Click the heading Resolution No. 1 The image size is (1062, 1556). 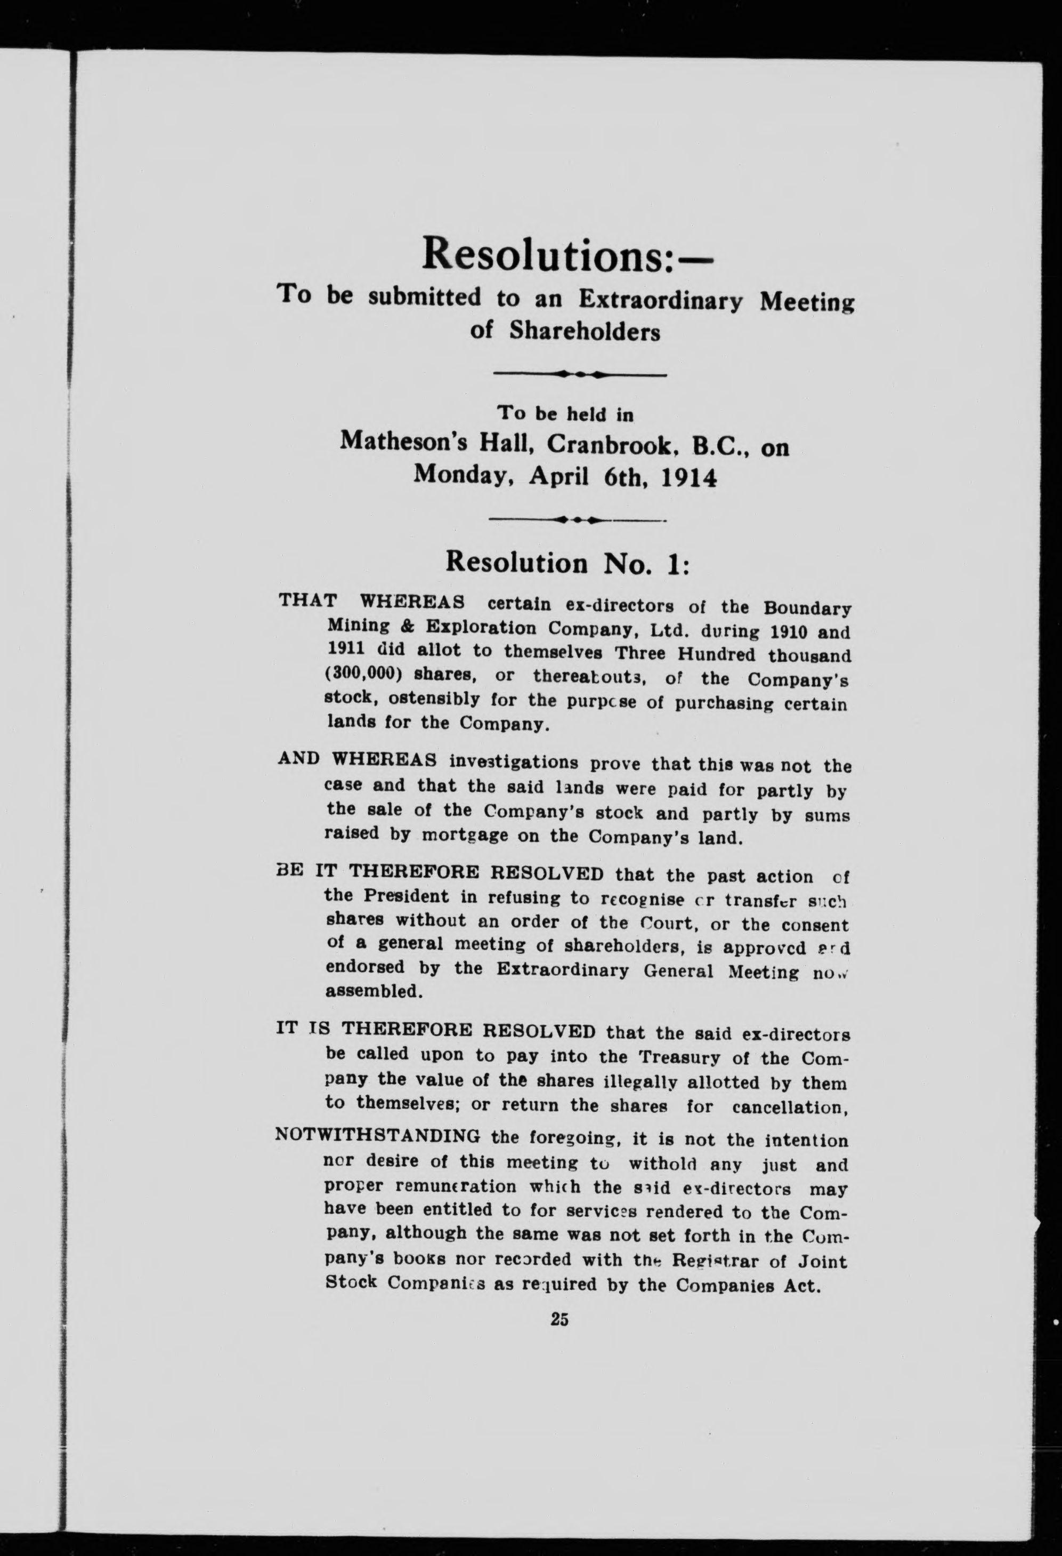[x=568, y=563]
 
